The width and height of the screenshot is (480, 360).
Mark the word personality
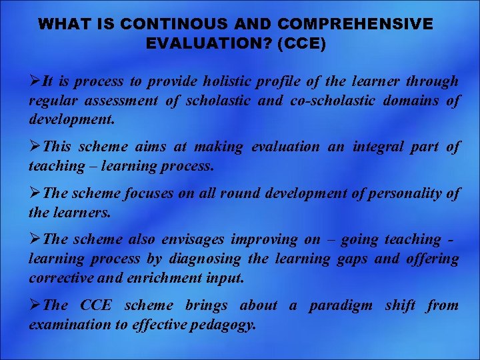(x=407, y=193)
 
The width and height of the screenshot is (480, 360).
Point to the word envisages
(x=193, y=239)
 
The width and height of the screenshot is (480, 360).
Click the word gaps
(x=348, y=259)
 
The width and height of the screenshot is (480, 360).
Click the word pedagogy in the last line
(x=223, y=325)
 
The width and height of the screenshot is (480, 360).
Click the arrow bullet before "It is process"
(x=35, y=82)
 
